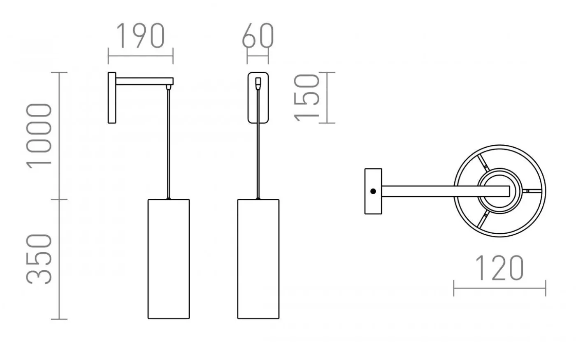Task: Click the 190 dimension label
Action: (141, 36)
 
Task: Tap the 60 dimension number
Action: (258, 36)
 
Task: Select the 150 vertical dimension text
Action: (307, 98)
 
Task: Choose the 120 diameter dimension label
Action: (499, 268)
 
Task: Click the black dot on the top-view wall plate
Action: (373, 191)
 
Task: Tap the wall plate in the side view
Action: (111, 98)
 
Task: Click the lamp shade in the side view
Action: (168, 259)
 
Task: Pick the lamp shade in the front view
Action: (258, 259)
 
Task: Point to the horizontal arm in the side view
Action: (144, 81)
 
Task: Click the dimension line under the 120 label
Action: (499, 288)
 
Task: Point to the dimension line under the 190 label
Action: (141, 56)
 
